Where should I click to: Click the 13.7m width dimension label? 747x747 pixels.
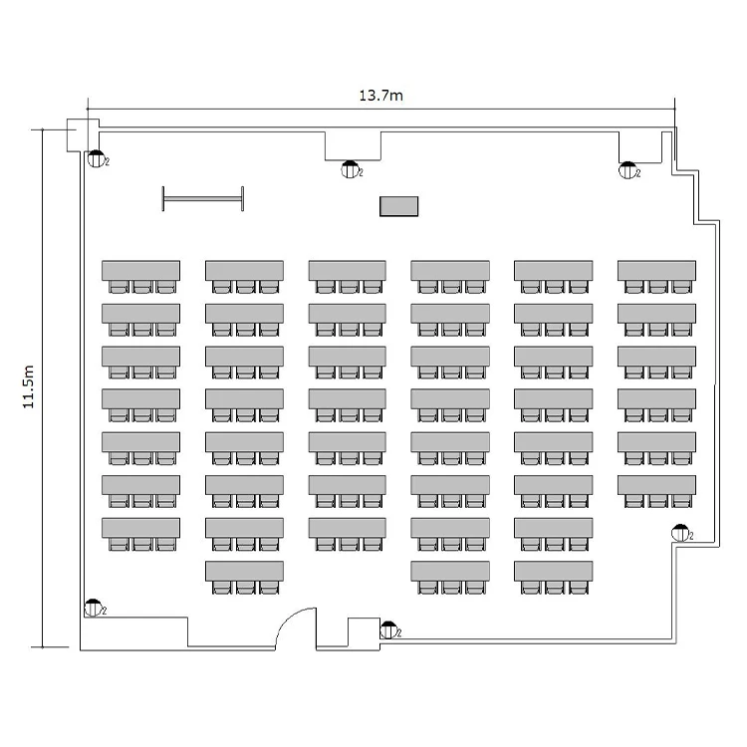[x=380, y=96]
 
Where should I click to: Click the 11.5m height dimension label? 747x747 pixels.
[x=29, y=386]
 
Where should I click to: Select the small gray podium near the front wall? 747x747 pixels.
[x=398, y=206]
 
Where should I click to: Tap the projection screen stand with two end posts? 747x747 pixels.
[x=203, y=198]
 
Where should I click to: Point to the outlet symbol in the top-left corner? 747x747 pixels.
[x=97, y=158]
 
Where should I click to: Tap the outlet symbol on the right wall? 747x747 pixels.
[x=680, y=533]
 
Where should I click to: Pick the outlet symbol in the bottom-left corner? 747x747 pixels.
[x=93, y=608]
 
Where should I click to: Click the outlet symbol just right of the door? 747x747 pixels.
[x=388, y=629]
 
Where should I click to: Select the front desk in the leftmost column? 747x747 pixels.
[x=140, y=270]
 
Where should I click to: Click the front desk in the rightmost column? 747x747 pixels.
[x=656, y=270]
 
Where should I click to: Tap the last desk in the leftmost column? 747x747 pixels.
[x=140, y=528]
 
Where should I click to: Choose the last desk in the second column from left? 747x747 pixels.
[x=244, y=571]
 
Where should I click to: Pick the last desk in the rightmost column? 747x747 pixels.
[x=656, y=485]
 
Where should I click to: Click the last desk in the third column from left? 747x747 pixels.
[x=348, y=528]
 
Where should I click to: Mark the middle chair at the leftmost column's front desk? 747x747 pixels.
[x=142, y=287]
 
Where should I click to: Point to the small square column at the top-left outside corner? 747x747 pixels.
[x=77, y=135]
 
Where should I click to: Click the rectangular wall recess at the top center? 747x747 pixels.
[x=353, y=145]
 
